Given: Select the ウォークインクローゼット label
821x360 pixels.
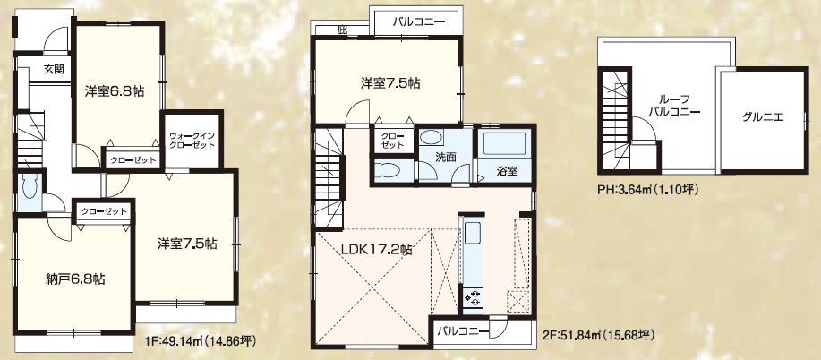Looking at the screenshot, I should tap(191, 141).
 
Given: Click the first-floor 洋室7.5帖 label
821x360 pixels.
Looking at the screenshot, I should tap(186, 244).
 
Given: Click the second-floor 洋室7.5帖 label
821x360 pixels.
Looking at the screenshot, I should tap(391, 83).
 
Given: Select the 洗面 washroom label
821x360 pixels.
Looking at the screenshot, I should tap(447, 158).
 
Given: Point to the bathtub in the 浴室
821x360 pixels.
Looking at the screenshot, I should tap(506, 145).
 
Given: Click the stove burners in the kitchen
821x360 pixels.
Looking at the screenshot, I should tap(473, 297).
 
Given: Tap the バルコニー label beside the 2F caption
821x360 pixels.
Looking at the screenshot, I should tap(462, 331).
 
